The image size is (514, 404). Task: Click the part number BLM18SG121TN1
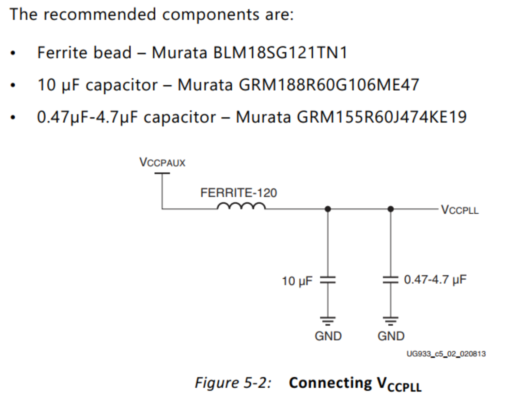(280, 53)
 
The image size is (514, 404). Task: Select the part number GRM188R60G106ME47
(329, 85)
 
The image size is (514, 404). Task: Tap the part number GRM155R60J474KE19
(381, 117)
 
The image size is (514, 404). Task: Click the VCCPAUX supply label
(162, 162)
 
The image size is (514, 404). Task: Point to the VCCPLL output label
(460, 210)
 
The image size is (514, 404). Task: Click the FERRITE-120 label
(238, 193)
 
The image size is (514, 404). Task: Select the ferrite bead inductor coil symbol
(241, 206)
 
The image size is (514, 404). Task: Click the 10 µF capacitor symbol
(328, 280)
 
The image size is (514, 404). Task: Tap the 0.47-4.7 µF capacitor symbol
(390, 280)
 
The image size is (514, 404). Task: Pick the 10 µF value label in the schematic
(297, 281)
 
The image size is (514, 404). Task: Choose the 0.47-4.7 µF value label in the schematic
(435, 280)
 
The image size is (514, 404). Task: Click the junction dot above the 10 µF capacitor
(328, 209)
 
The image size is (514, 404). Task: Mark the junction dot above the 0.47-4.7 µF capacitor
(390, 209)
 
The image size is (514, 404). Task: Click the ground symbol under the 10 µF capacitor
(328, 320)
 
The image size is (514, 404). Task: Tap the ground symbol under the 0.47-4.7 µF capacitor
(390, 320)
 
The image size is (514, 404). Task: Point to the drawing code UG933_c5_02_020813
(446, 354)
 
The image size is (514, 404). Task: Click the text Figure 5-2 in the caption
(233, 383)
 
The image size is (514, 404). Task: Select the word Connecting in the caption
(330, 383)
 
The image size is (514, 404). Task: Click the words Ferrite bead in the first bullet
(84, 53)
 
